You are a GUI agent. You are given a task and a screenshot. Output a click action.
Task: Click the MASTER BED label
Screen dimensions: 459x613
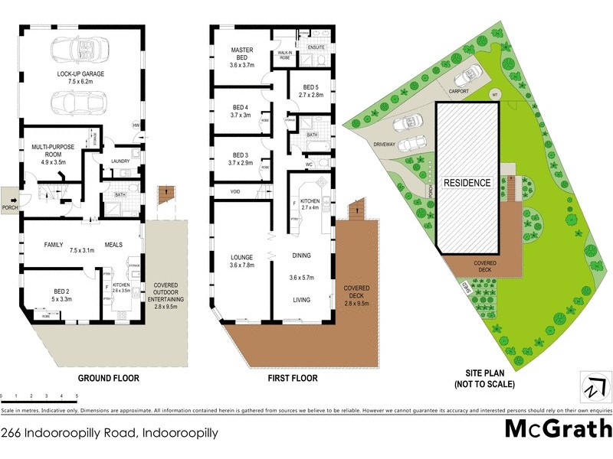click(x=242, y=55)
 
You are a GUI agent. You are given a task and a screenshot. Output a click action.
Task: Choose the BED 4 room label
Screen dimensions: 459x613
click(x=241, y=111)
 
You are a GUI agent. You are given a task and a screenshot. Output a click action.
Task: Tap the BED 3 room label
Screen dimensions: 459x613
click(x=241, y=158)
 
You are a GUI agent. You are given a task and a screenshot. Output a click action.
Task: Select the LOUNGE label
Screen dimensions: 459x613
click(x=241, y=261)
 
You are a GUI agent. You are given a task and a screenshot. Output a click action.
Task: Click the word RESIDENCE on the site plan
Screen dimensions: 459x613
click(x=467, y=184)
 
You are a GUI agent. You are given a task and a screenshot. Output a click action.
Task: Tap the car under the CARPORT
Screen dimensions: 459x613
click(x=467, y=74)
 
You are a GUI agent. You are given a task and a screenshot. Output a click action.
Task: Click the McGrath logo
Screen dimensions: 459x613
click(x=558, y=429)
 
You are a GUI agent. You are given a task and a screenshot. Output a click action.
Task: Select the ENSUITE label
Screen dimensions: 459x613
click(x=316, y=47)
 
